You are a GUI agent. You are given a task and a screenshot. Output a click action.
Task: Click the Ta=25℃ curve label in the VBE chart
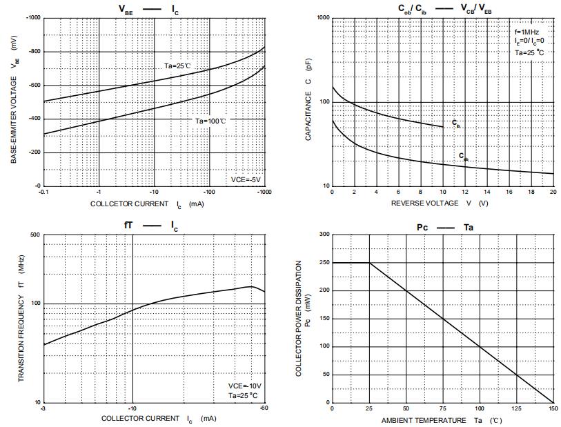[177, 65]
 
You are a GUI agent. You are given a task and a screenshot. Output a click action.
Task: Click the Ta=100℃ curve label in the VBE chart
[210, 121]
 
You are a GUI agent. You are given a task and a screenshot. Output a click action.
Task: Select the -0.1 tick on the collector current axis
[43, 192]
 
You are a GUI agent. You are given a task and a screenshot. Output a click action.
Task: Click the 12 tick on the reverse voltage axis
[465, 192]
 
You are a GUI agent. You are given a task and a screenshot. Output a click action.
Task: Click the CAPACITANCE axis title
[309, 102]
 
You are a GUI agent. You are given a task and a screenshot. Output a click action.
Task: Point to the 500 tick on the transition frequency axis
[35, 235]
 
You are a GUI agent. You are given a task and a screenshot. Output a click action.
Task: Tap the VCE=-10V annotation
[244, 386]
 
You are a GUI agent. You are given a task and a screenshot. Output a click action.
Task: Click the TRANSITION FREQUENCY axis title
[21, 319]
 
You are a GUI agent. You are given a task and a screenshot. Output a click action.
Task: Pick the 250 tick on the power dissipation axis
[323, 263]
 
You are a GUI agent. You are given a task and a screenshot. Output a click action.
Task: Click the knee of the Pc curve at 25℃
[369, 263]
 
